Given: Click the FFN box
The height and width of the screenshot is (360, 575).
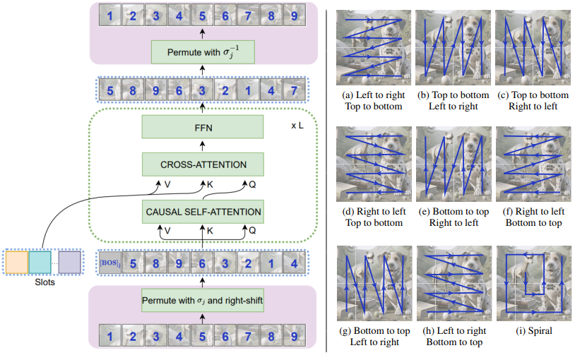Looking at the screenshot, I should click(202, 128).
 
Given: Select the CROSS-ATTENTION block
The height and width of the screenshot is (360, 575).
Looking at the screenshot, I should click(202, 164).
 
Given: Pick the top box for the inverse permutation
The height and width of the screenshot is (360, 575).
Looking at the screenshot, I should click(202, 52).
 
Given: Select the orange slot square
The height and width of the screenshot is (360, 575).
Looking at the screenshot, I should click(16, 261).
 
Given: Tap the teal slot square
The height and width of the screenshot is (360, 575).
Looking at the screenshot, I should click(40, 261).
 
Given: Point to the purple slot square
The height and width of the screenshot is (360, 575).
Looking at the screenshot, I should click(69, 261).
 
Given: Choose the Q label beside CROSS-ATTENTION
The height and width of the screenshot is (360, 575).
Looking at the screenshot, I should click(253, 185).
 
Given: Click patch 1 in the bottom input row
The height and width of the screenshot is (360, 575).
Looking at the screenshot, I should click(109, 336).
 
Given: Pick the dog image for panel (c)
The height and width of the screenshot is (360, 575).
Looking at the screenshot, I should click(531, 47).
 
